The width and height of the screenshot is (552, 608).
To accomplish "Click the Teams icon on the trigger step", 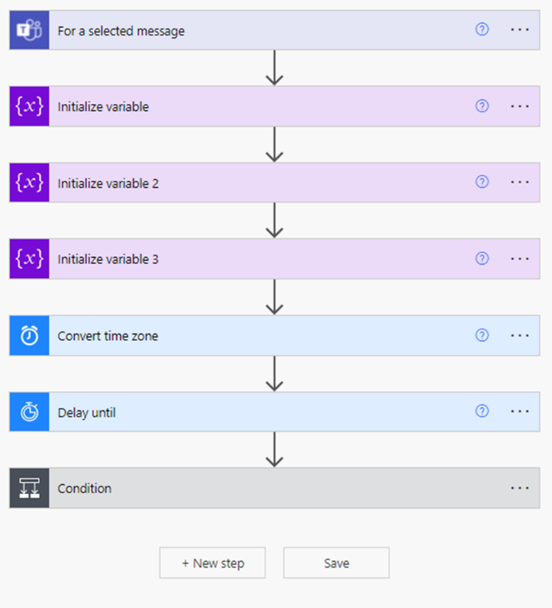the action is click(x=29, y=30).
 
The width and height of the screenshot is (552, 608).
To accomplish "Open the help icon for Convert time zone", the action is click(x=482, y=335).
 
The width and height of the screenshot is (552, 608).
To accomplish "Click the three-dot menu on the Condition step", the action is click(x=519, y=488).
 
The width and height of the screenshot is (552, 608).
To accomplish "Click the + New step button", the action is click(x=213, y=563).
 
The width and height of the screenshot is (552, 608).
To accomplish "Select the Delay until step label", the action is click(x=86, y=412).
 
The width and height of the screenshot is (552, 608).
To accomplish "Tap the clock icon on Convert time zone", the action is click(x=29, y=335).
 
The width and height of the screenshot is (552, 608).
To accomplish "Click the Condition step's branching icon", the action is click(x=29, y=488).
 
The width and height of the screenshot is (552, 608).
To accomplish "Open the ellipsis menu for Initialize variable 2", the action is click(x=519, y=182).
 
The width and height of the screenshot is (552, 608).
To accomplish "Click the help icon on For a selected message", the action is click(x=482, y=29).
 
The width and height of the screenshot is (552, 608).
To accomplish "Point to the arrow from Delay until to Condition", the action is click(x=275, y=450).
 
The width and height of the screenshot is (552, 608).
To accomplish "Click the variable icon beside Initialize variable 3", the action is click(x=29, y=259).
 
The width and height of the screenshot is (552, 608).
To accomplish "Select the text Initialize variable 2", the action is click(x=108, y=183).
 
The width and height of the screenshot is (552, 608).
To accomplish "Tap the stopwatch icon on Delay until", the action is click(x=29, y=412).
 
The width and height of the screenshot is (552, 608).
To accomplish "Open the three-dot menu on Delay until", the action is click(x=519, y=411).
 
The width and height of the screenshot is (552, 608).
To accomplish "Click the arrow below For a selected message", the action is click(x=275, y=68).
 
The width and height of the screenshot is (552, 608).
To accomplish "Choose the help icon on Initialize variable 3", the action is click(x=482, y=259).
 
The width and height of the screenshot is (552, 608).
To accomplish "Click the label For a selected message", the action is click(x=121, y=31).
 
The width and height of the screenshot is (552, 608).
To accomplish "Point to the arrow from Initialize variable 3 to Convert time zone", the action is click(x=275, y=297).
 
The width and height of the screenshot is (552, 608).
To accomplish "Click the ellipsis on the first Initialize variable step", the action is click(x=519, y=106).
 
